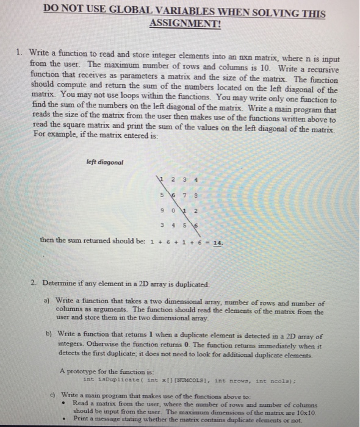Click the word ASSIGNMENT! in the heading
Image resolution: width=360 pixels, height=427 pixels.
pos(185,25)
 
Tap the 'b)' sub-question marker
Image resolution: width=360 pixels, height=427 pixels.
pos(49,336)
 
